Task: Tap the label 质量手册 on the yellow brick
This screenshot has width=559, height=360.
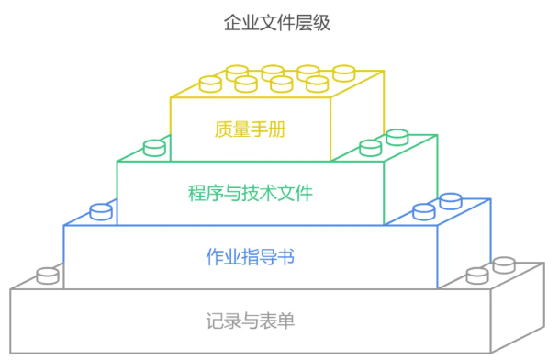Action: (x=251, y=129)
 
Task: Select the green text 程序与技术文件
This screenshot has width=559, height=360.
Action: (x=251, y=193)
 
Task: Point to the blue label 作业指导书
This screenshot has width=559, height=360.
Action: (x=251, y=256)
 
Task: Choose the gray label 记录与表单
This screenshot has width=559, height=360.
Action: (x=251, y=321)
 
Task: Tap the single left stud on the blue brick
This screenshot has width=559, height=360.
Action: (x=101, y=212)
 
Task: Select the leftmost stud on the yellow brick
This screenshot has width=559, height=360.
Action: (x=210, y=84)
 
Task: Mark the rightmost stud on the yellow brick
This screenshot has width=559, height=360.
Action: (x=343, y=73)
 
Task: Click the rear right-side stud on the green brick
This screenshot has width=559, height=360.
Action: (x=397, y=137)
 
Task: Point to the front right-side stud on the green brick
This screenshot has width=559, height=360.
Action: (x=370, y=147)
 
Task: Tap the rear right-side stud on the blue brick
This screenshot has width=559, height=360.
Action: (x=450, y=200)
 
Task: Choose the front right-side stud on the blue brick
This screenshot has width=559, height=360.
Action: (x=423, y=211)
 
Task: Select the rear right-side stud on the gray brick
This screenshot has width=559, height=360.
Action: (x=504, y=265)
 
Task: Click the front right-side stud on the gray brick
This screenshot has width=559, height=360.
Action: (x=476, y=276)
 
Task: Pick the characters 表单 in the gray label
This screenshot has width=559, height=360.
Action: (x=276, y=321)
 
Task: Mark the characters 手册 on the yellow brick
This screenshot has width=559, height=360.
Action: (x=269, y=129)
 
